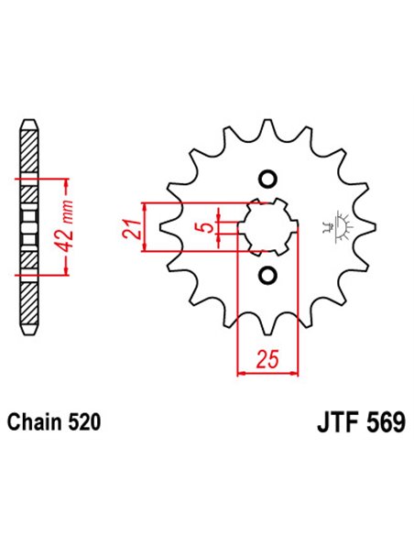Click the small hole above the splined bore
point(267,178)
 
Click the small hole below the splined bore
point(267,275)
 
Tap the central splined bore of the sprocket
point(267,226)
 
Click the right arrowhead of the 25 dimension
point(295,373)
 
